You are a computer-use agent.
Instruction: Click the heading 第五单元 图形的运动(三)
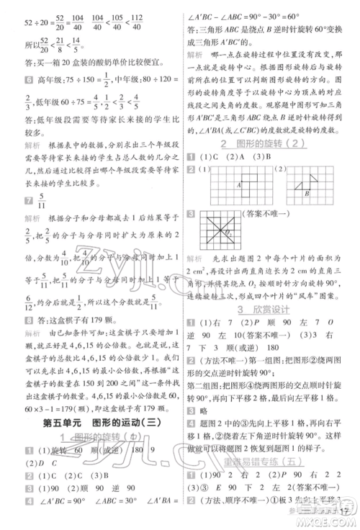91,422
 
